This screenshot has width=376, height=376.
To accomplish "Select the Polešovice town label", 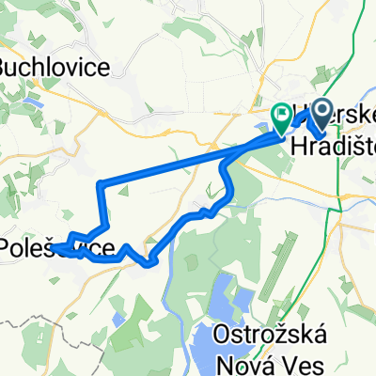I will [58, 248].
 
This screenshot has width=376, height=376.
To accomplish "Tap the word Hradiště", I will [333, 146].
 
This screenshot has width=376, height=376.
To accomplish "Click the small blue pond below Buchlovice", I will [31, 97].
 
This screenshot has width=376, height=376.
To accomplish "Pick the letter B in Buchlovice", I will [8, 67].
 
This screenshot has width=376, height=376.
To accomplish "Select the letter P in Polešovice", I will [8, 248].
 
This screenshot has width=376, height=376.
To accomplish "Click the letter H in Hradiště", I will [298, 146].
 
